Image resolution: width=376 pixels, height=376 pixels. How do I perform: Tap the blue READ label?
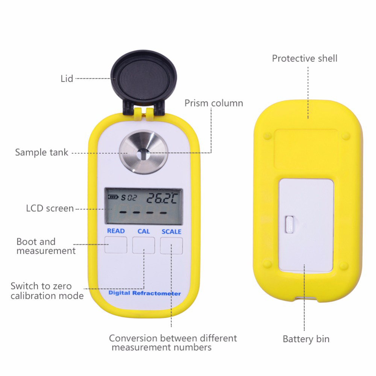116,231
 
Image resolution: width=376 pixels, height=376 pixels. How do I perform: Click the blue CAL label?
144,231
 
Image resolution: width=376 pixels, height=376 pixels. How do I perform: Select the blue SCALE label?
171,232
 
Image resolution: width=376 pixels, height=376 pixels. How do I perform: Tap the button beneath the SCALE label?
171,246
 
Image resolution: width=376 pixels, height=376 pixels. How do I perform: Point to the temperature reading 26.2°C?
162,198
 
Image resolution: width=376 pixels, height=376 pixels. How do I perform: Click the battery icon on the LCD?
113,197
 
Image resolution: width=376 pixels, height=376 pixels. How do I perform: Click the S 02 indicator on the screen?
129,198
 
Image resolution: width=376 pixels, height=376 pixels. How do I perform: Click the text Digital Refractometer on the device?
145,293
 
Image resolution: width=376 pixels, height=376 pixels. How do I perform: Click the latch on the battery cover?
290,224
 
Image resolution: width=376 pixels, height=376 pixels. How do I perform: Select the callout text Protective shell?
305,59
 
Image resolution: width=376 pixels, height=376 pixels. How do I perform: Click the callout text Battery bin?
306,339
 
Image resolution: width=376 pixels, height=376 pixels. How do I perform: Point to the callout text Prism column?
214,103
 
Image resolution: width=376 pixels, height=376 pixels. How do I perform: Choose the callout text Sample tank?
42,153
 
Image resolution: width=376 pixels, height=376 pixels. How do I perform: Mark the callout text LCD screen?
50,208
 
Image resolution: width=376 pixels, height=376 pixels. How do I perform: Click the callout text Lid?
67,79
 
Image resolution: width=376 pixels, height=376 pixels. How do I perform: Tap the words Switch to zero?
41,286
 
